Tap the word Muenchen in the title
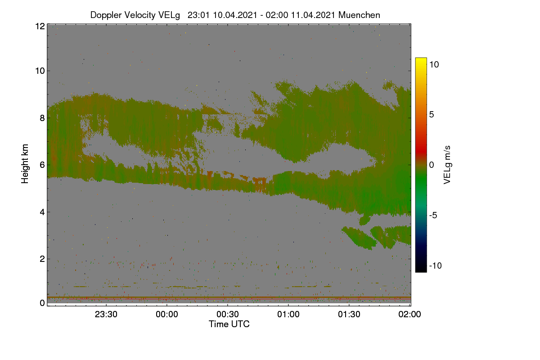tap(359, 15)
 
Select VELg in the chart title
tap(169, 15)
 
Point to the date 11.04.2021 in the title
tap(313, 15)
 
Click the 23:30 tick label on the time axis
tap(106, 314)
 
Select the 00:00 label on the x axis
tap(167, 314)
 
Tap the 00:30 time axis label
tap(228, 314)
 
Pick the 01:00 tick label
tap(288, 314)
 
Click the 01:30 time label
tap(349, 314)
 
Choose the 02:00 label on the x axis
tap(409, 314)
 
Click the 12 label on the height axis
tap(40, 26)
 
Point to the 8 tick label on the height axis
tap(42, 118)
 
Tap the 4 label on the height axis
tap(42, 212)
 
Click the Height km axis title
tap(25, 164)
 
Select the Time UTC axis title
tap(229, 324)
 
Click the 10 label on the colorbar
tap(434, 64)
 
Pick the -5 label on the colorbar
tap(433, 215)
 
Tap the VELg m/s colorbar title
tap(447, 165)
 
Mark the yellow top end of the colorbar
tap(421, 59)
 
